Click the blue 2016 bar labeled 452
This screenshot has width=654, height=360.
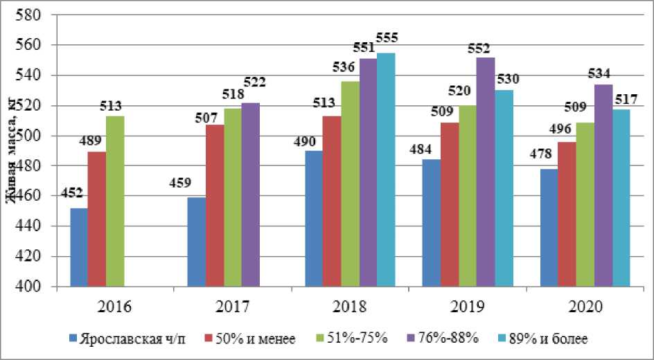[x=79, y=247]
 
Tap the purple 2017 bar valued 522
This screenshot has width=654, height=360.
[x=250, y=195]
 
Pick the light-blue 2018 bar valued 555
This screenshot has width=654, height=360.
[x=386, y=170]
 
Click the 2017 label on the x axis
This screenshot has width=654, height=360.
[x=232, y=306]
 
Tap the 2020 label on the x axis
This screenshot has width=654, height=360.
[x=586, y=306]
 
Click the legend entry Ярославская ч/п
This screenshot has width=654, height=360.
[x=129, y=339]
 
